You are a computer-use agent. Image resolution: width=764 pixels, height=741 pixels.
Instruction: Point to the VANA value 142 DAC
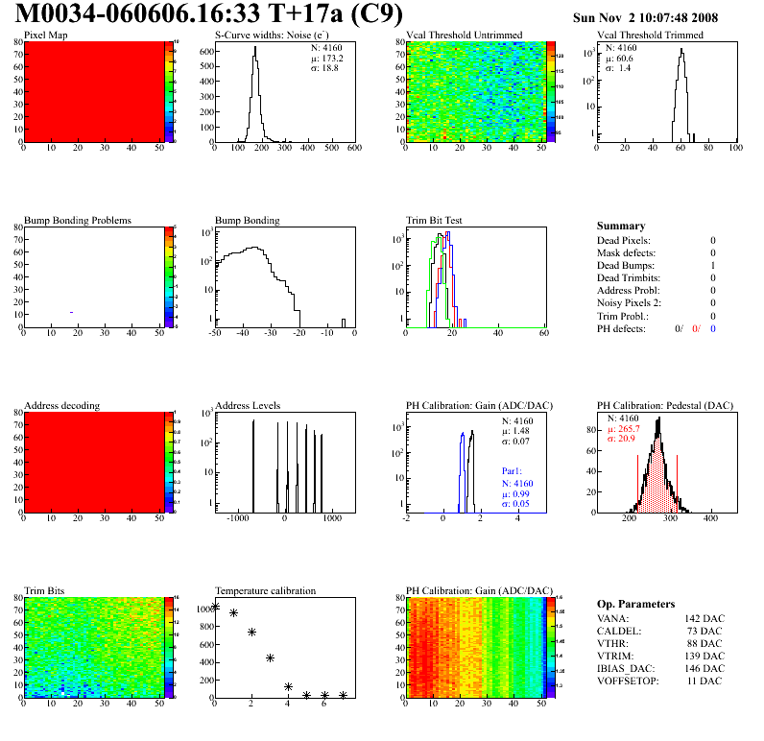click(x=704, y=618)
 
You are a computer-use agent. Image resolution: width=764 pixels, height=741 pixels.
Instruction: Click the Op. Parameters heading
click(x=635, y=604)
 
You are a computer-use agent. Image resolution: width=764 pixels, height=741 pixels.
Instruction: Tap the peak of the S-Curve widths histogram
click(x=255, y=49)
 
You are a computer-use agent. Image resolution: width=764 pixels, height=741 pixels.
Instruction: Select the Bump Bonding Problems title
click(x=77, y=220)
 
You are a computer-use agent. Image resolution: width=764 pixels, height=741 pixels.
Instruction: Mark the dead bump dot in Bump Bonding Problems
click(x=71, y=312)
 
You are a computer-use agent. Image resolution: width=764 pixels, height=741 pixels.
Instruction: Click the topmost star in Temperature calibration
click(x=215, y=607)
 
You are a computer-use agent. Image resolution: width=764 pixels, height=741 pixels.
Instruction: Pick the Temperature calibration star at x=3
click(x=271, y=657)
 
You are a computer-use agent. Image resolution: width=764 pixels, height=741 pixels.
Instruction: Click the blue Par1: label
click(x=513, y=471)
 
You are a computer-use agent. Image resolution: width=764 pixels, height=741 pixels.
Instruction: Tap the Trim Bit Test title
click(x=435, y=220)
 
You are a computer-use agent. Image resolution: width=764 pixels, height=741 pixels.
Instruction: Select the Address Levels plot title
click(x=248, y=406)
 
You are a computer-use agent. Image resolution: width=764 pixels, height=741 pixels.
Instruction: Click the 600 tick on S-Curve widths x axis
click(x=354, y=149)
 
